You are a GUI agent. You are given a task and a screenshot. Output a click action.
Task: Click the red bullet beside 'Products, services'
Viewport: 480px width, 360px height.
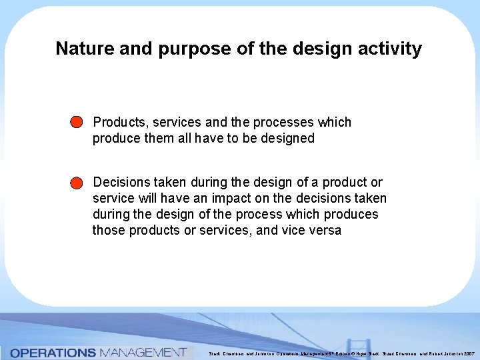(76, 123)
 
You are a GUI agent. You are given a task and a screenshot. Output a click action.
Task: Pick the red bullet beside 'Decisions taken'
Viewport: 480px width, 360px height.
(76, 183)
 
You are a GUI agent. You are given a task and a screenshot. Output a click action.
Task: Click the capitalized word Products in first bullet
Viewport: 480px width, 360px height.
(120, 122)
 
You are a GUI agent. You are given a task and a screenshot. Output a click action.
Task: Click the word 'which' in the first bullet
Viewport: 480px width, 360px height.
(335, 122)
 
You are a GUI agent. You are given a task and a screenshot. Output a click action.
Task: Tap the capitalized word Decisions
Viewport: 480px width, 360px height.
(122, 182)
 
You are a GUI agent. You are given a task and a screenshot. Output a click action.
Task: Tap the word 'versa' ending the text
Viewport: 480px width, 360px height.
(326, 230)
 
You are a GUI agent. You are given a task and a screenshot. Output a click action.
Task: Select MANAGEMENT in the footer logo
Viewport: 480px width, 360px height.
(143, 353)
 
